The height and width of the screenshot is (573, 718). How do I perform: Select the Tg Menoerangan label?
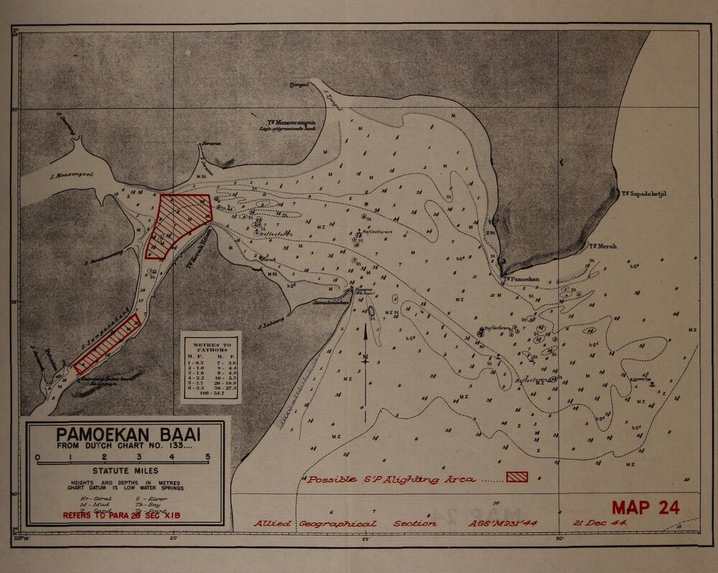[x=289, y=124]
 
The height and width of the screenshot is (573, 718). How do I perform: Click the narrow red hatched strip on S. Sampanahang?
[x=106, y=343]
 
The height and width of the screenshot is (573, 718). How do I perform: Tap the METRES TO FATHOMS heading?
[x=210, y=346]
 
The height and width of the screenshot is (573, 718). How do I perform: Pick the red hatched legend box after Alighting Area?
[x=517, y=477]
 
